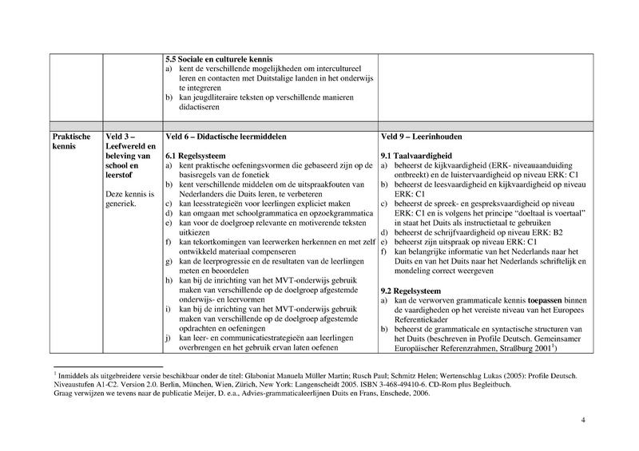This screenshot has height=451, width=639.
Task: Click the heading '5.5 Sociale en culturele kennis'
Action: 217,59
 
